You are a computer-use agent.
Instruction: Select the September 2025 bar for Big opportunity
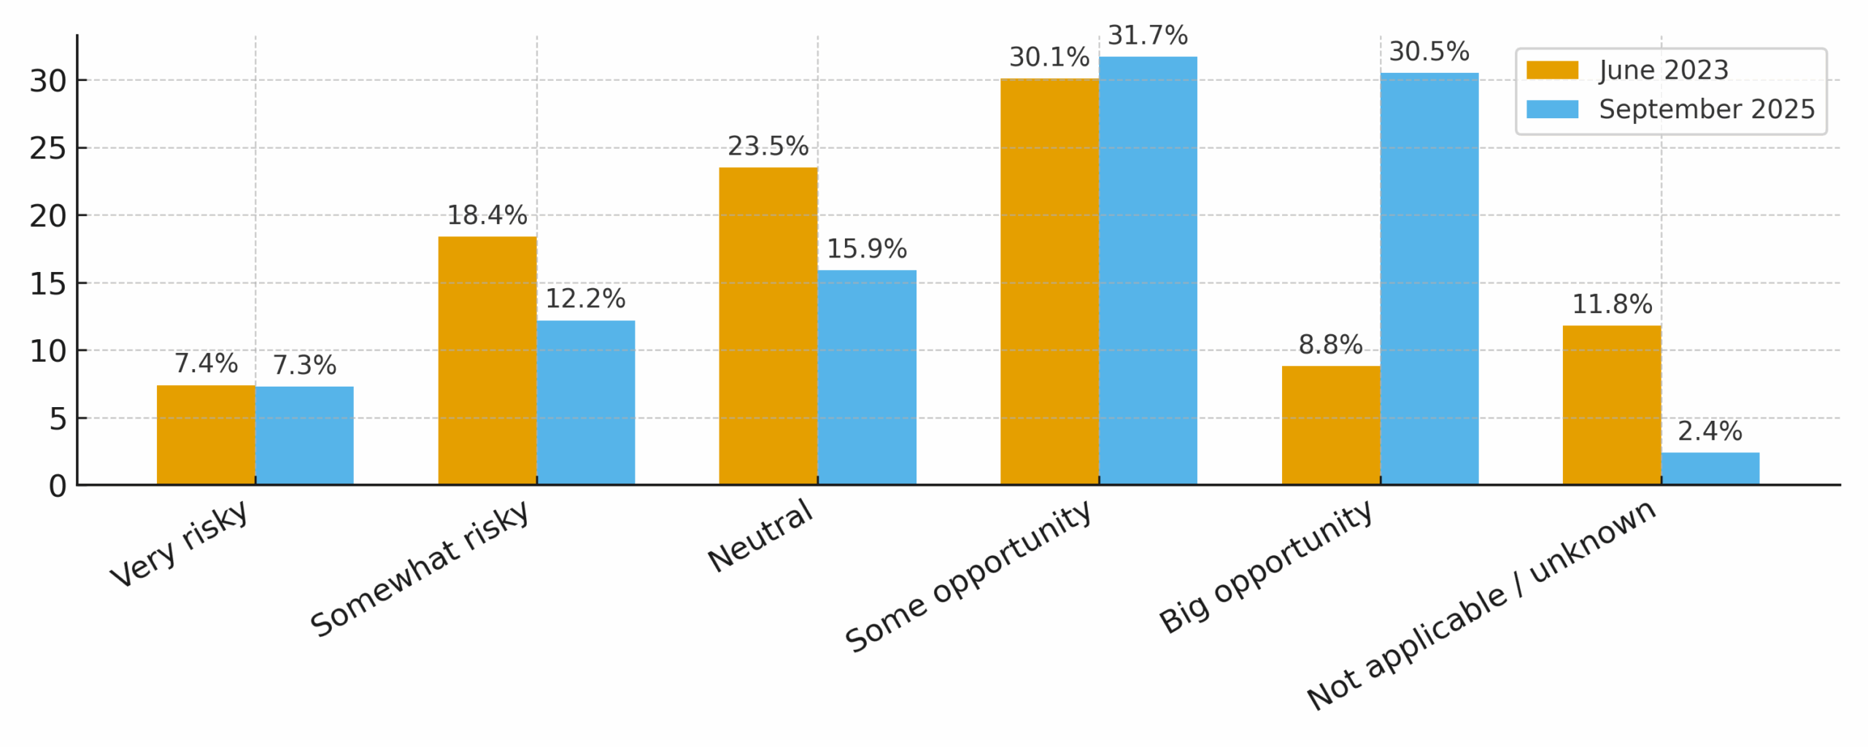click(1429, 279)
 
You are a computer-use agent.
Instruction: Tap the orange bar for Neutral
click(768, 325)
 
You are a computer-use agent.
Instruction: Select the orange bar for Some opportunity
click(1049, 281)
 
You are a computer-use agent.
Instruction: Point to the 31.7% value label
click(1147, 35)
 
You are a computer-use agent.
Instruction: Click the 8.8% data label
click(1329, 344)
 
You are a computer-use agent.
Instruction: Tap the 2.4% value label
click(1709, 430)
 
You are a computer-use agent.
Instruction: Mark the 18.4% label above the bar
click(487, 215)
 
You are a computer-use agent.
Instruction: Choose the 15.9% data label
click(866, 249)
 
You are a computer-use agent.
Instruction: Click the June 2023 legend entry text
click(1663, 70)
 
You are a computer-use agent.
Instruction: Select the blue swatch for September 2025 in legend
click(1551, 109)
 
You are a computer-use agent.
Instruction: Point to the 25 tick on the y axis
click(47, 148)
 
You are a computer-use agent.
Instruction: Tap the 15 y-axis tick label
click(47, 283)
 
